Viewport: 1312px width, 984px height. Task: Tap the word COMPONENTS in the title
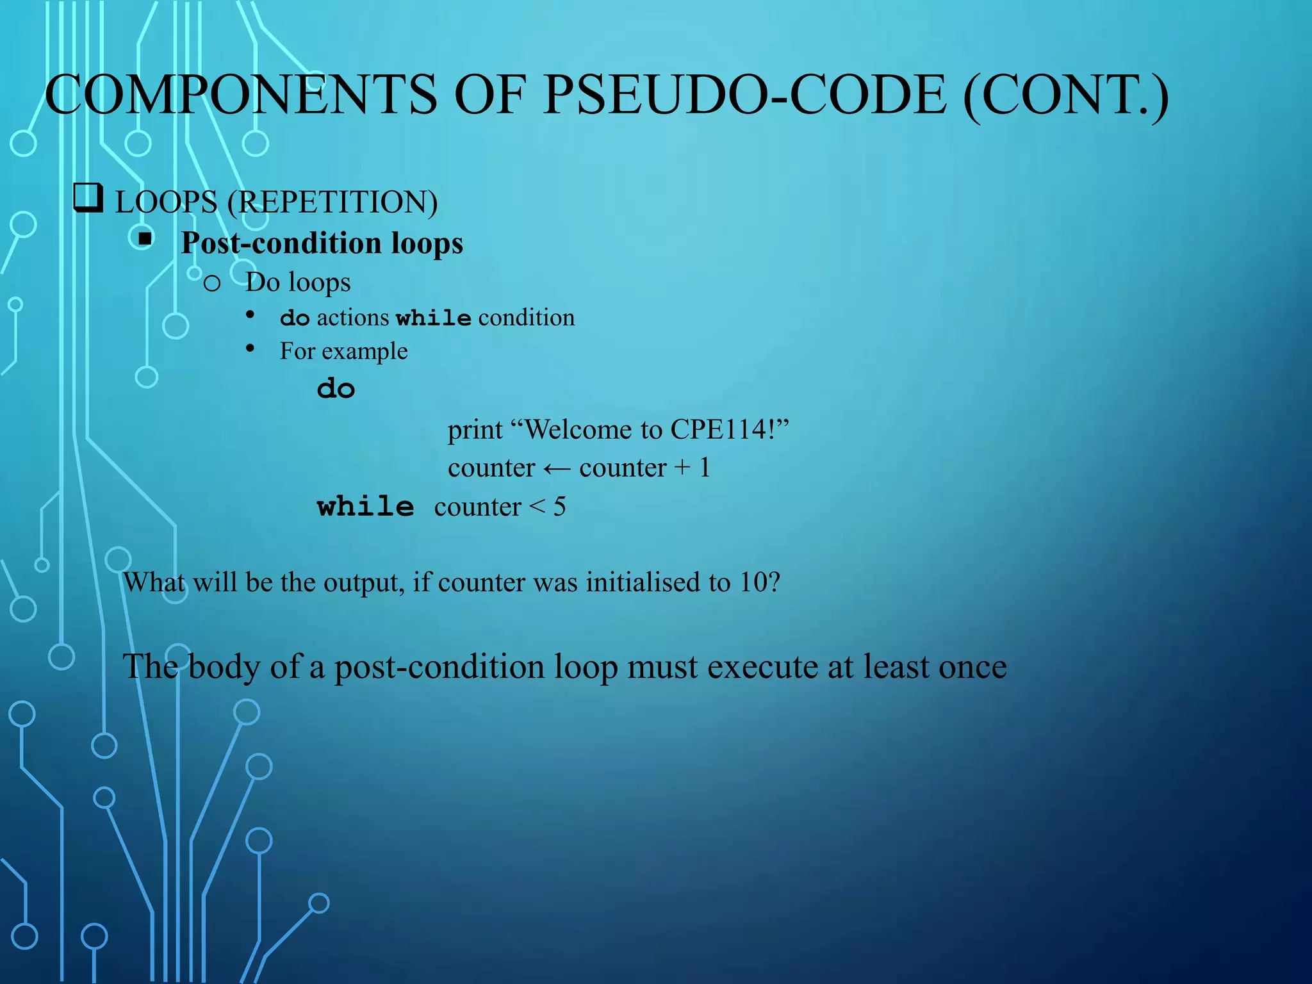tap(240, 95)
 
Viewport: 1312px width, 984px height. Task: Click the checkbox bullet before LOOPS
tap(88, 198)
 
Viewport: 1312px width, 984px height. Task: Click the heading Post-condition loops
tap(322, 243)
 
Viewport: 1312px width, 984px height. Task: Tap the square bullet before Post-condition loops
tap(145, 240)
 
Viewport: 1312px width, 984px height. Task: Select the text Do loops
tap(298, 282)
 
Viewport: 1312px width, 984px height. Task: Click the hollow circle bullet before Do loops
tap(212, 283)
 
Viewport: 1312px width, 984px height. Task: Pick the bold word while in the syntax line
tap(434, 318)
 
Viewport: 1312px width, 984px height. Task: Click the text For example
tap(343, 351)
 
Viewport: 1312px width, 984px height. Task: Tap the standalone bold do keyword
tap(336, 388)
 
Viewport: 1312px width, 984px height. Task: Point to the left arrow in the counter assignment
tap(557, 469)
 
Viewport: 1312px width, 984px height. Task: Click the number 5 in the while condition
tap(559, 507)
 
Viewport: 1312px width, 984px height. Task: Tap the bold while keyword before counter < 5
tap(365, 507)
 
